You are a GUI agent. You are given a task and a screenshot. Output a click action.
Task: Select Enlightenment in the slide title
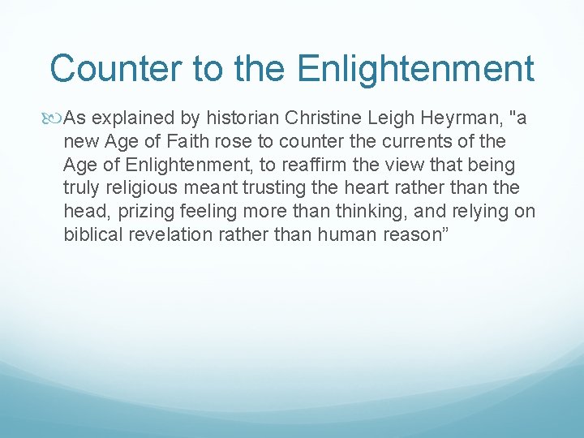pos(415,69)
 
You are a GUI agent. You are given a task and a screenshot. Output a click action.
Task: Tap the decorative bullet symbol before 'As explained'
pos(55,119)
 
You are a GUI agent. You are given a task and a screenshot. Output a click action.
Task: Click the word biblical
pos(92,235)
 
